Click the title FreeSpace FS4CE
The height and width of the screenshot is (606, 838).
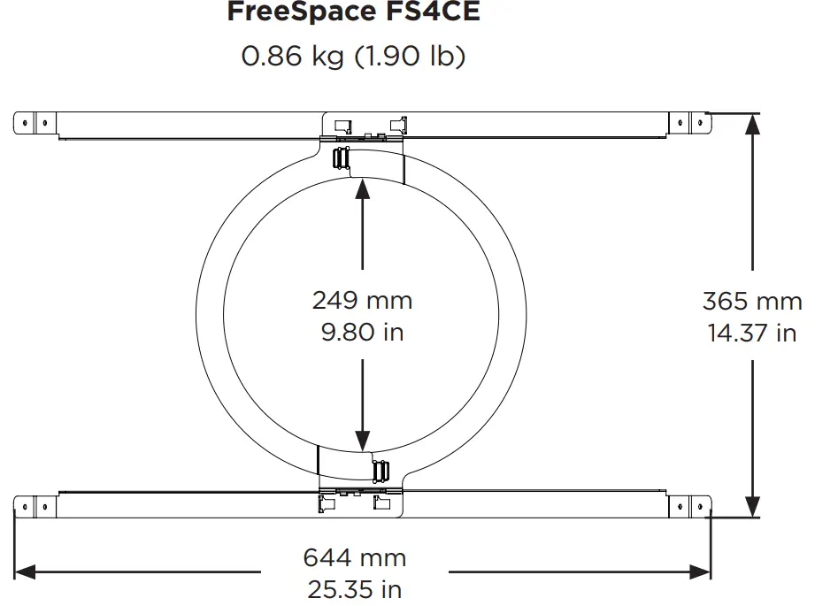355,12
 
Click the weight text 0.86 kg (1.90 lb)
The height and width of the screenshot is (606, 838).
354,57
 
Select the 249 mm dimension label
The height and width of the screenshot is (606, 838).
362,300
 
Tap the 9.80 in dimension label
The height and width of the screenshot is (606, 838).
362,333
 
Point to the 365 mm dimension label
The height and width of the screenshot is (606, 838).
752,301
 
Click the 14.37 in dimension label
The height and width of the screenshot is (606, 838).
752,333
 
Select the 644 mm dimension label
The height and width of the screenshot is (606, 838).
354,557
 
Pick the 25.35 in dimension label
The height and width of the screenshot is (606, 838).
354,588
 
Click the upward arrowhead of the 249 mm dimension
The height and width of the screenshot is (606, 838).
363,190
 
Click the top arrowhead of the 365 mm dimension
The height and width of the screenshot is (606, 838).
752,124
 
